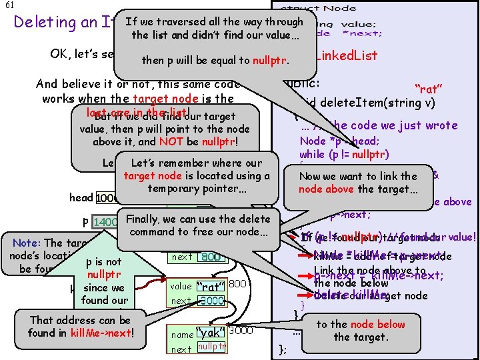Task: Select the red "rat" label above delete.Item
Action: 431,88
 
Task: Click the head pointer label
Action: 81,198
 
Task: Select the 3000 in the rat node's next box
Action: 211,301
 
